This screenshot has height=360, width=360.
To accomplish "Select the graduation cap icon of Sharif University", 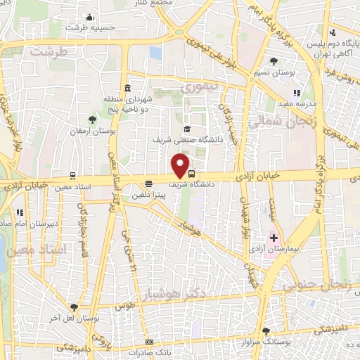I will [x=187, y=129].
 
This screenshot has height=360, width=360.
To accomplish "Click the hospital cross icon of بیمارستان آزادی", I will [x=274, y=238].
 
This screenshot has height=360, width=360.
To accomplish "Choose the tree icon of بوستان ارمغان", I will [x=93, y=120].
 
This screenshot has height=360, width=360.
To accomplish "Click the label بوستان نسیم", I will [x=275, y=73].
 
